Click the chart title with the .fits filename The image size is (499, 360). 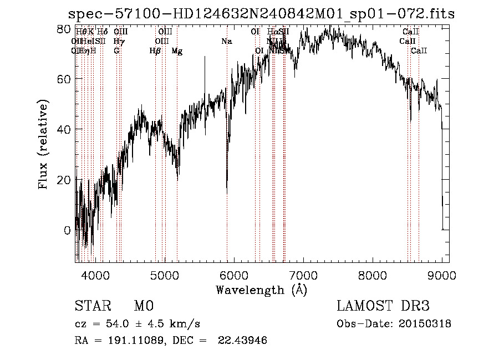(261, 14)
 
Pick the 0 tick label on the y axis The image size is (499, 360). (67, 230)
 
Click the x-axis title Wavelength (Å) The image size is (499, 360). (261, 290)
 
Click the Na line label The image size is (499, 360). (226, 42)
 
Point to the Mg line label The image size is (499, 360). (177, 51)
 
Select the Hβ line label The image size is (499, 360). (155, 51)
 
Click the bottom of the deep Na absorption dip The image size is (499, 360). (227, 192)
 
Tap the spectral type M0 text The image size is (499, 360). (143, 306)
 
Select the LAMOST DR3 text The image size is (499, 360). (383, 306)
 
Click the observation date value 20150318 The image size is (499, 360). (429, 324)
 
